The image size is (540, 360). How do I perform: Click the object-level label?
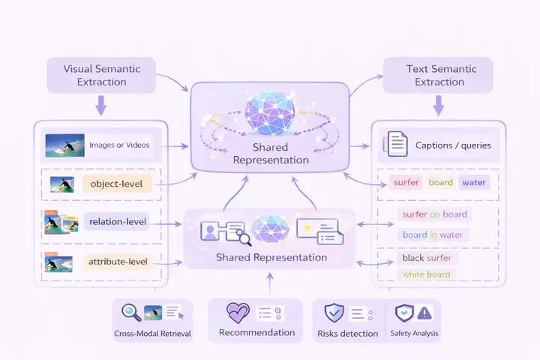(115, 184)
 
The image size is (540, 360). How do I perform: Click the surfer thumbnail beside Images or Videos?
(64, 145)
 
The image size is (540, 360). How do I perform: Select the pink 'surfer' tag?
(406, 182)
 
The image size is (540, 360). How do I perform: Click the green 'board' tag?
(441, 182)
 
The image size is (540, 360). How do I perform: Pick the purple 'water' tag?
(474, 182)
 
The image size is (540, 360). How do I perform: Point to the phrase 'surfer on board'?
(434, 214)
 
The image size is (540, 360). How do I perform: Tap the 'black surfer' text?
(427, 258)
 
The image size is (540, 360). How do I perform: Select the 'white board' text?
(427, 274)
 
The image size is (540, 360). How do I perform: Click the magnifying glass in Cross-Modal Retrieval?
(131, 313)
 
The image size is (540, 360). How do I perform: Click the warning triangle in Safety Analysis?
(424, 313)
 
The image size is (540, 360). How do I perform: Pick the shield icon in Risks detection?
(334, 313)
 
